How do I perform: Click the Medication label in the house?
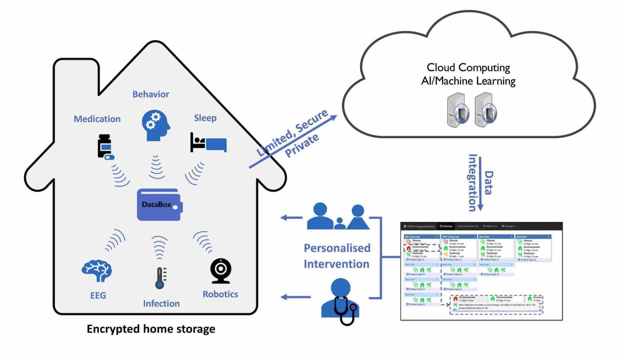(97, 119)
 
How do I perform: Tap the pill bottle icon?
(105, 147)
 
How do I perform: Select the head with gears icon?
(155, 125)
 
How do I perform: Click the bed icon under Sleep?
(208, 143)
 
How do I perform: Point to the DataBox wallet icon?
(160, 205)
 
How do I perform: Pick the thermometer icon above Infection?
(160, 278)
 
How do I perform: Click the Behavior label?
(151, 94)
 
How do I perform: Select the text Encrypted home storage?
(151, 329)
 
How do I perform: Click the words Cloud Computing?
(468, 68)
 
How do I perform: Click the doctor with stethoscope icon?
(341, 301)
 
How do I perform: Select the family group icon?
(338, 217)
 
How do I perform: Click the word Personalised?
(337, 248)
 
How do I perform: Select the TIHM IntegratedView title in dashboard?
(419, 227)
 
